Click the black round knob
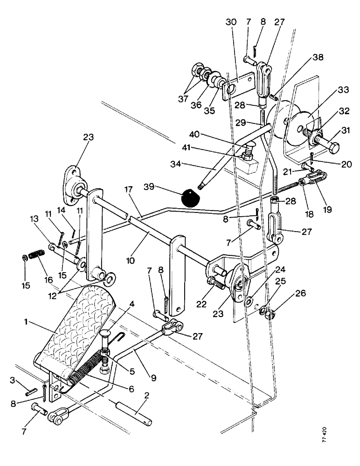(190, 198)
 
